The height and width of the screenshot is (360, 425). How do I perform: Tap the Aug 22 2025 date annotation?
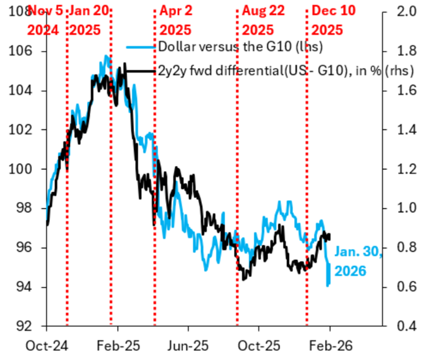pyautogui.click(x=263, y=20)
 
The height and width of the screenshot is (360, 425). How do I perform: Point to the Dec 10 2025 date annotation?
pyautogui.click(x=332, y=20)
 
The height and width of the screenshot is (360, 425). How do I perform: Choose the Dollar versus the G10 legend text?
pyautogui.click(x=222, y=47)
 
